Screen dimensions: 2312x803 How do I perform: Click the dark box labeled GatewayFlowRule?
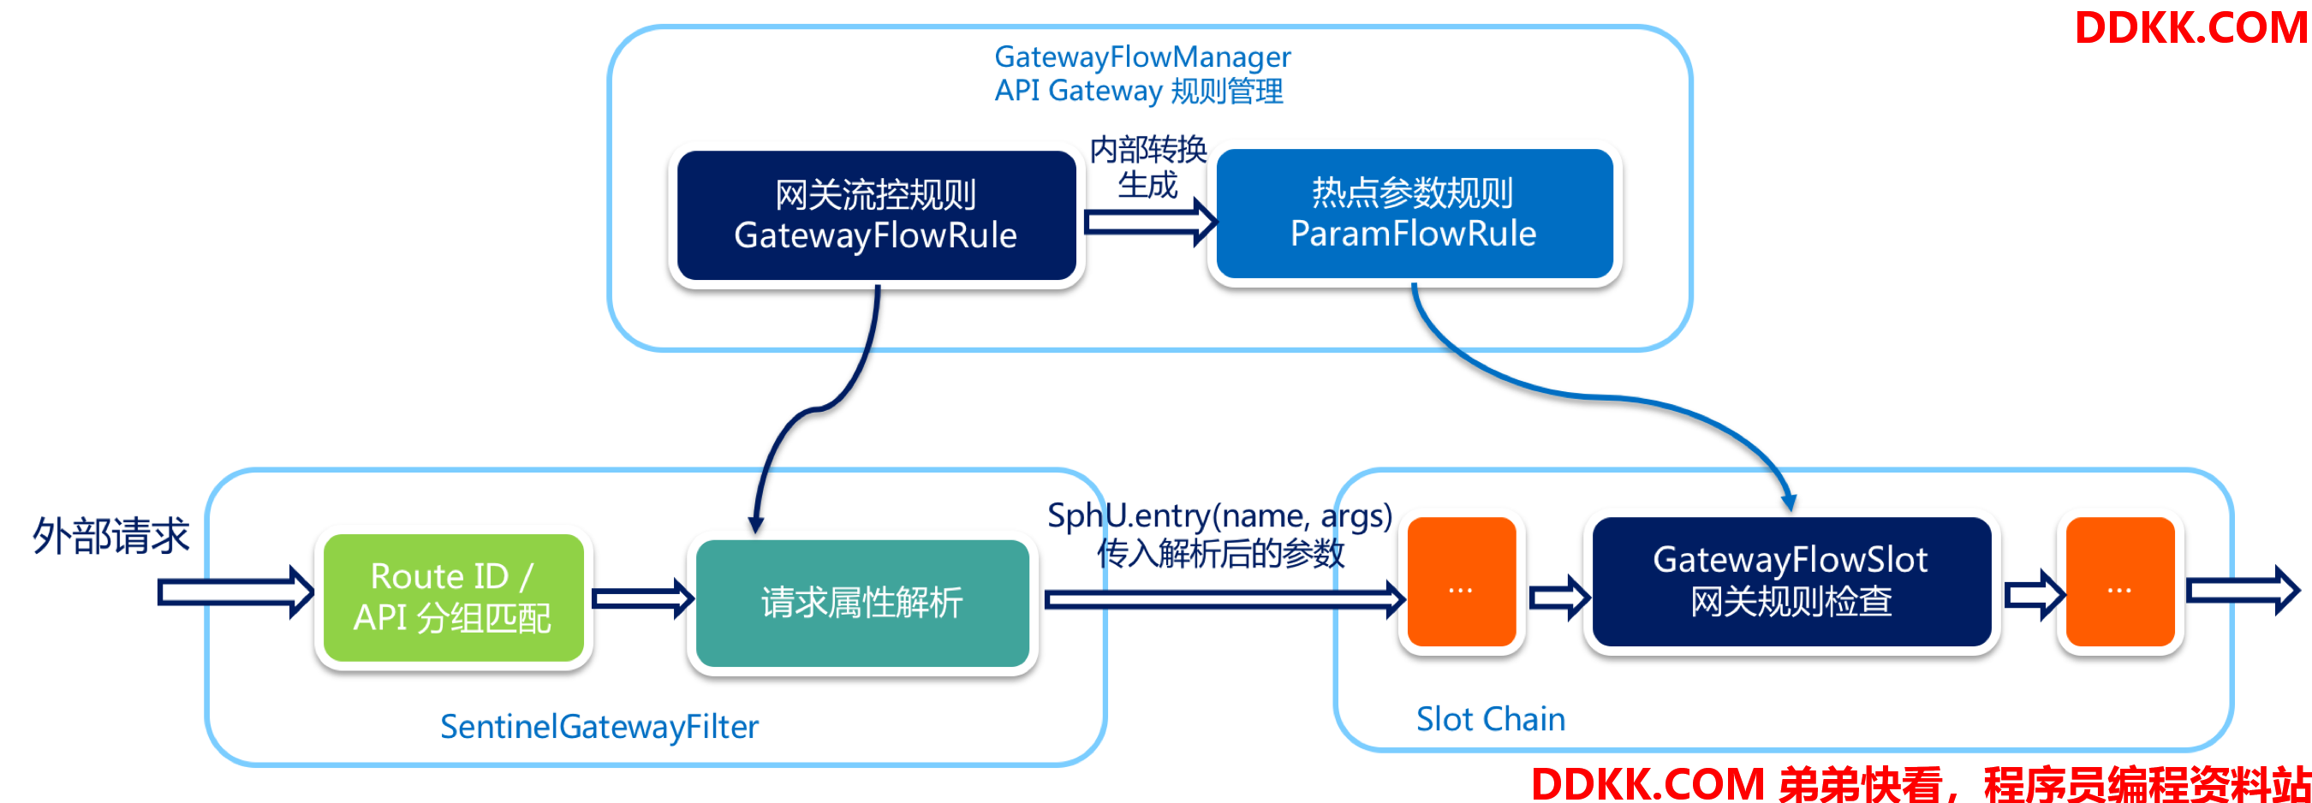pyautogui.click(x=876, y=216)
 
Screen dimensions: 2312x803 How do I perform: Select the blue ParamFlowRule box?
pyautogui.click(x=1415, y=213)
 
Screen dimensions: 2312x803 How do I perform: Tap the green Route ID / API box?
pyautogui.click(x=453, y=598)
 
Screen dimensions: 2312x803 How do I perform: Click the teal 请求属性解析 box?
pyautogui.click(x=862, y=603)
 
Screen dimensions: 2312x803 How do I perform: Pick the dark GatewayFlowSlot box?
pyautogui.click(x=1791, y=581)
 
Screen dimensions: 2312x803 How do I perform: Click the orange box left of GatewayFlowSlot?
pyautogui.click(x=1461, y=581)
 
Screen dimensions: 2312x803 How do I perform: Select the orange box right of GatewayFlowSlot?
pyautogui.click(x=2120, y=581)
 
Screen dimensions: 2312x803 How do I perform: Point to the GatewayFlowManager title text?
pyautogui.click(x=1142, y=57)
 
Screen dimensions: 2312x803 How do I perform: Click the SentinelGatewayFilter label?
pyautogui.click(x=599, y=727)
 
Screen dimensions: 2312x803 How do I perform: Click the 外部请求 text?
pyautogui.click(x=111, y=536)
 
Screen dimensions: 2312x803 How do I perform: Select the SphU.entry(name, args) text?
pyautogui.click(x=1219, y=516)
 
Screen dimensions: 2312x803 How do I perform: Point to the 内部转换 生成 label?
pyautogui.click(x=1148, y=167)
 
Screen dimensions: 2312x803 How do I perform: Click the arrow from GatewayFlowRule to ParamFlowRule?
pyautogui.click(x=1151, y=222)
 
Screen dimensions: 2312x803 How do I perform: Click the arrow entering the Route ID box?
pyautogui.click(x=236, y=592)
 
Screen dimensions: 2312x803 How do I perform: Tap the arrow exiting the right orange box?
pyautogui.click(x=2243, y=591)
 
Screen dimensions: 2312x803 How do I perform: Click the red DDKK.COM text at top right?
pyautogui.click(x=2191, y=27)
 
